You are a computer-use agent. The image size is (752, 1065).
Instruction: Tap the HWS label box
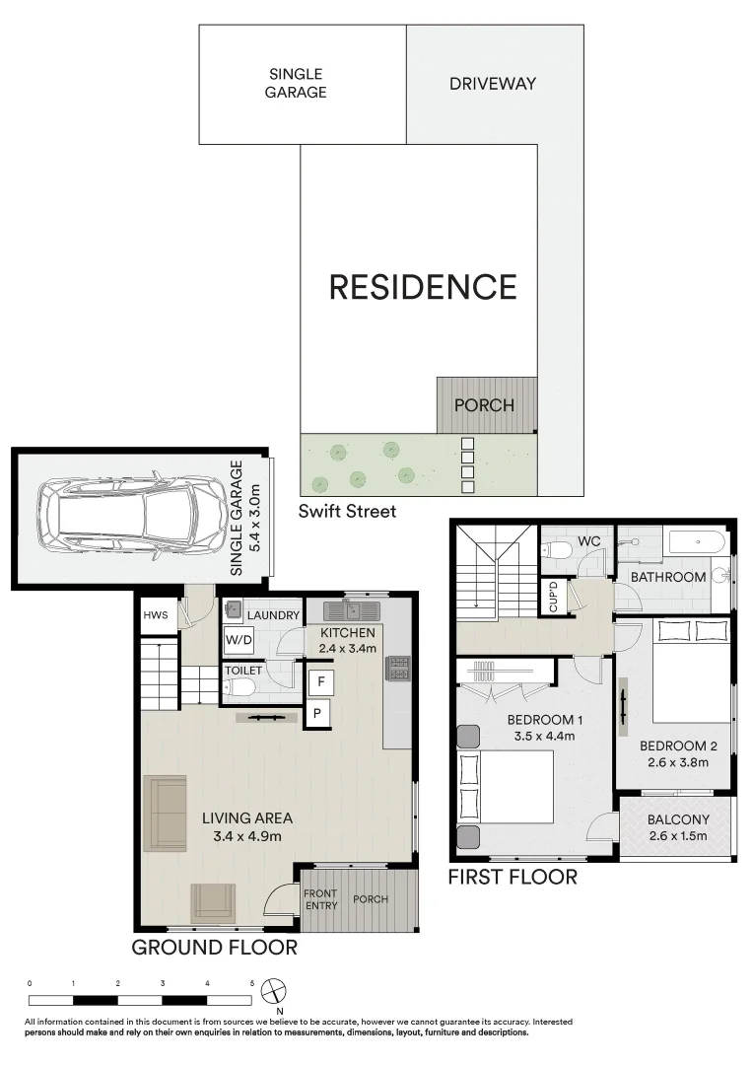tap(155, 614)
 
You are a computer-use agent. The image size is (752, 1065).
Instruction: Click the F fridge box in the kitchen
tap(319, 680)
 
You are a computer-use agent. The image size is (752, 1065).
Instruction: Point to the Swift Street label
tap(348, 511)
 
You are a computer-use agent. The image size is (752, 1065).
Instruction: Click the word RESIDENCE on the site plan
tap(422, 287)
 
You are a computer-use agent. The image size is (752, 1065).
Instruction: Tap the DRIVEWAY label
tap(493, 84)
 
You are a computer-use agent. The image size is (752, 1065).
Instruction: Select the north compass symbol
tap(279, 989)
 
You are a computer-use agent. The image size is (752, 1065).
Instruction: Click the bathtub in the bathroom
tap(696, 542)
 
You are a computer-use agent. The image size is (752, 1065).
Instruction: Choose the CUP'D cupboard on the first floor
tap(553, 598)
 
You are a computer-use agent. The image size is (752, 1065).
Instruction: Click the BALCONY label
tap(678, 819)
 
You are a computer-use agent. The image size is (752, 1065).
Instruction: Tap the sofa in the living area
tap(165, 814)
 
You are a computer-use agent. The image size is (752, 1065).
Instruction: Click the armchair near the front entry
tap(212, 901)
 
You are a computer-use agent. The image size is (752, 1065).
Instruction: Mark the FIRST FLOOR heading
tap(513, 877)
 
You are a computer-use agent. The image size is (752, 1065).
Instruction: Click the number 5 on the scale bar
tap(251, 983)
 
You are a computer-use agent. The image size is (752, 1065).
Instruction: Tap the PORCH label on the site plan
tap(484, 405)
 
